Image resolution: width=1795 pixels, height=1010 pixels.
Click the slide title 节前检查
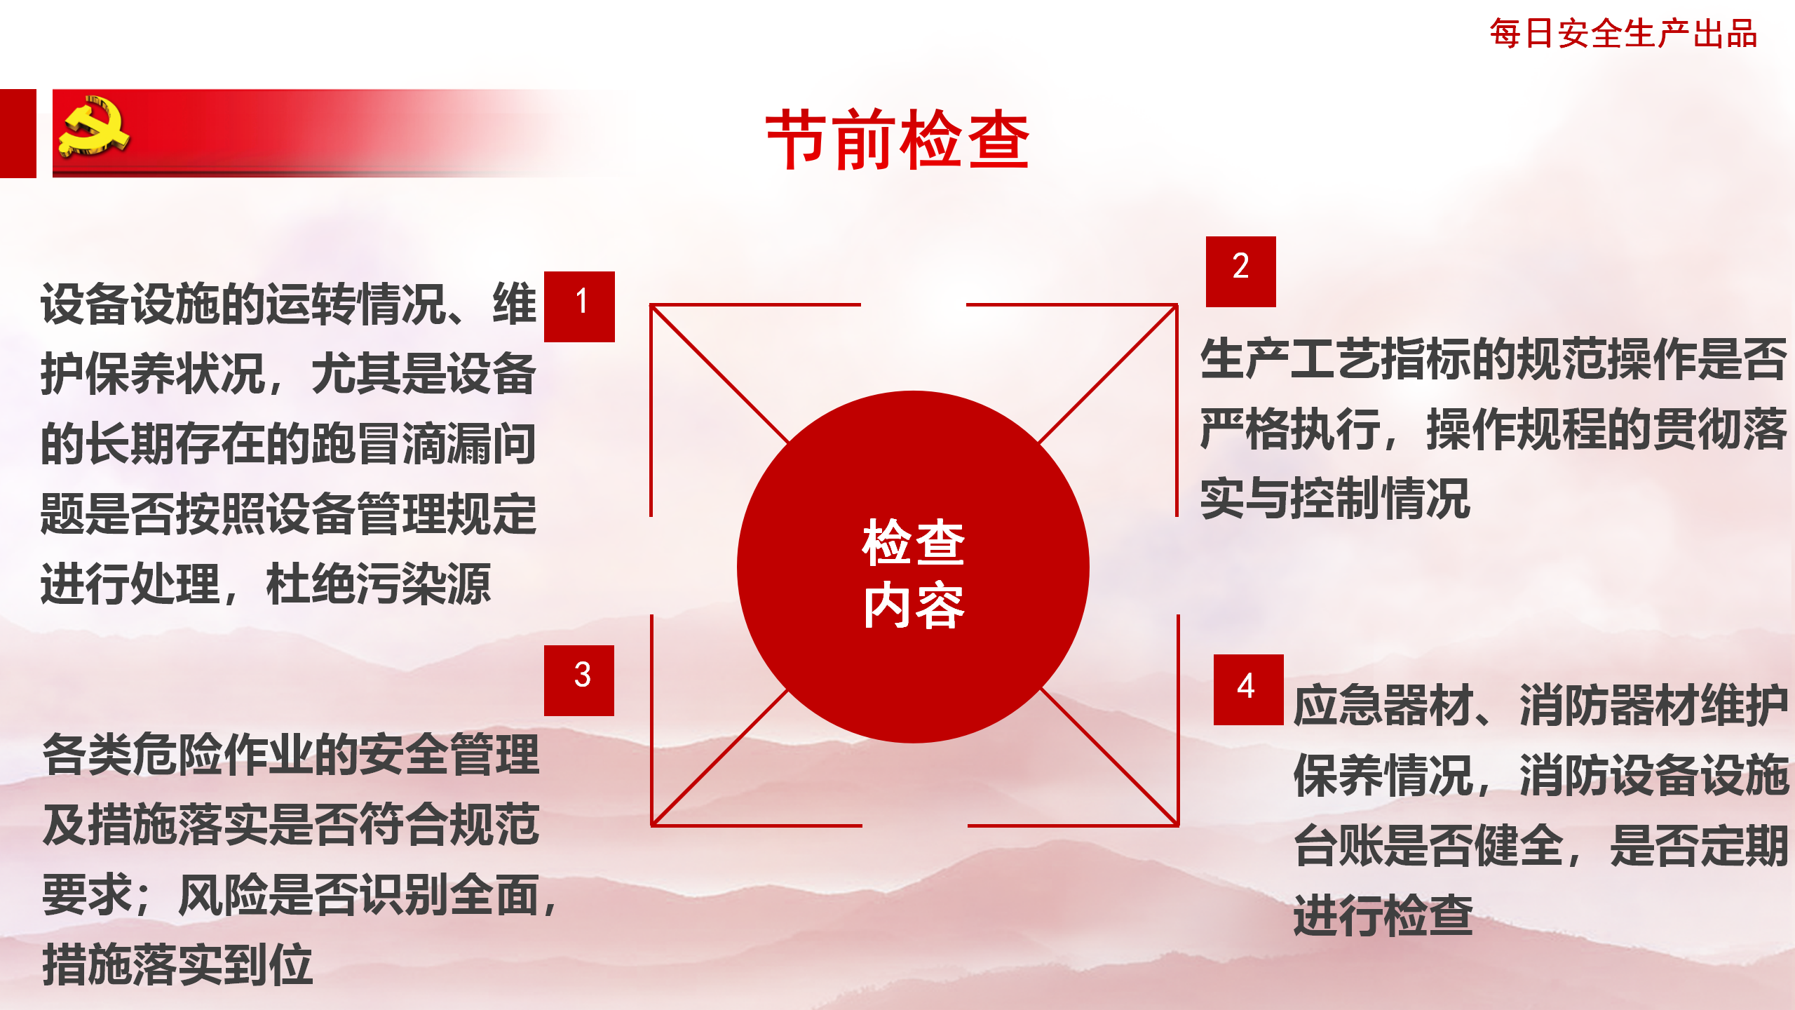click(x=897, y=140)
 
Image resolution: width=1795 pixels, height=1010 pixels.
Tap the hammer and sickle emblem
click(x=94, y=126)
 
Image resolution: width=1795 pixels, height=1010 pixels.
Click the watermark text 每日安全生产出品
click(x=1623, y=34)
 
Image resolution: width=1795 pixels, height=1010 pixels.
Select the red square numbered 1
click(x=579, y=307)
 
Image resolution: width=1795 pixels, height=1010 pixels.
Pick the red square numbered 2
click(x=1241, y=271)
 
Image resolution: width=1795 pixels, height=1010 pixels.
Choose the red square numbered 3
click(x=579, y=680)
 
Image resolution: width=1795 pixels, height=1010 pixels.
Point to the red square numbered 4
click(x=1249, y=689)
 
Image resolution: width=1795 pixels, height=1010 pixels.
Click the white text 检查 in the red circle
click(x=914, y=542)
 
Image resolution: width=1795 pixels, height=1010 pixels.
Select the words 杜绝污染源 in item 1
click(x=379, y=584)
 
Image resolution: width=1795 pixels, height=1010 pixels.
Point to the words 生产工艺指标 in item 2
click(x=1335, y=358)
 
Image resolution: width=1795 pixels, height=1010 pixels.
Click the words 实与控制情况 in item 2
click(x=1335, y=499)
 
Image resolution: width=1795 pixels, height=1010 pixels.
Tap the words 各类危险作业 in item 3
click(x=177, y=755)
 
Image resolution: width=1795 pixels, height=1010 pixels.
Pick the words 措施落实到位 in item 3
click(x=177, y=965)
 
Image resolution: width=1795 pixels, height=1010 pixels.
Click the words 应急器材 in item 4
click(x=1383, y=705)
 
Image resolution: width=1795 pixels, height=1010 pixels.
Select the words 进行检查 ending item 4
click(x=1383, y=915)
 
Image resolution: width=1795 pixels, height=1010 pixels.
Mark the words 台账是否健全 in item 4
click(x=1428, y=845)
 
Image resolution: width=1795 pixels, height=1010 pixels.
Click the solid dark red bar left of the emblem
click(x=18, y=133)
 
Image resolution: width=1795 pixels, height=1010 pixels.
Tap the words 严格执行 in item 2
click(x=1290, y=429)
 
